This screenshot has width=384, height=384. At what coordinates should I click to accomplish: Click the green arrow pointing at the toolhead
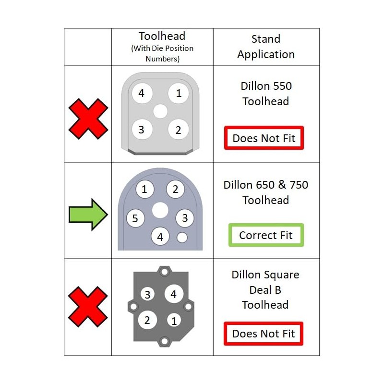point(88,215)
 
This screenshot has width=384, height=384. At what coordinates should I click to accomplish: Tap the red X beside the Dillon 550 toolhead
point(88,119)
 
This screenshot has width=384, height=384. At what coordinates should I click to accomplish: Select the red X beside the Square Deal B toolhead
point(88,307)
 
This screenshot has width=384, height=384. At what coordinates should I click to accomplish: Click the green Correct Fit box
point(266,235)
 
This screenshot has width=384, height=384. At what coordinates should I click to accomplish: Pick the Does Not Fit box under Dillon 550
point(264,138)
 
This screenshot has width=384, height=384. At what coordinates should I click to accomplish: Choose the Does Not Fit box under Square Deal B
point(264,333)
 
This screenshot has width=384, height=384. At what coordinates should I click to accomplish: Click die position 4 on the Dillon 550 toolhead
point(141,93)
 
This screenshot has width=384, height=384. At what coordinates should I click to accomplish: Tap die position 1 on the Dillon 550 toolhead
point(179,93)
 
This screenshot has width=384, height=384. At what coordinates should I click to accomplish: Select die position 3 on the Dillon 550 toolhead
point(141,130)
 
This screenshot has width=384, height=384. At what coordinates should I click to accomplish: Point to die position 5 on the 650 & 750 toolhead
point(135,219)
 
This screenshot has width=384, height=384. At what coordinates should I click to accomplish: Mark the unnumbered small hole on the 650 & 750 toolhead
point(182,237)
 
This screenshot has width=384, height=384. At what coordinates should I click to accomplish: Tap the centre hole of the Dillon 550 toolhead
point(160,111)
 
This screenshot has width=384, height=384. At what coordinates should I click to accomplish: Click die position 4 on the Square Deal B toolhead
point(174,294)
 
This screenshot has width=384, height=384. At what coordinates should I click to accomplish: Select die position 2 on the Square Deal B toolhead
point(147,320)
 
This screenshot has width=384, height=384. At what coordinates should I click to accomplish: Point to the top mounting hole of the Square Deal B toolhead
point(165,273)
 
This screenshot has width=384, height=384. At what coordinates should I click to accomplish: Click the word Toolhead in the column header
point(162,36)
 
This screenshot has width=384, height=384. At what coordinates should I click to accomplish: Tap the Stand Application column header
point(266,47)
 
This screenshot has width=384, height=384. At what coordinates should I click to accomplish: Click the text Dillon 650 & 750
point(266,185)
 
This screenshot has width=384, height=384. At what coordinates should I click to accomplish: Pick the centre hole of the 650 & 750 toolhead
point(160,210)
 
